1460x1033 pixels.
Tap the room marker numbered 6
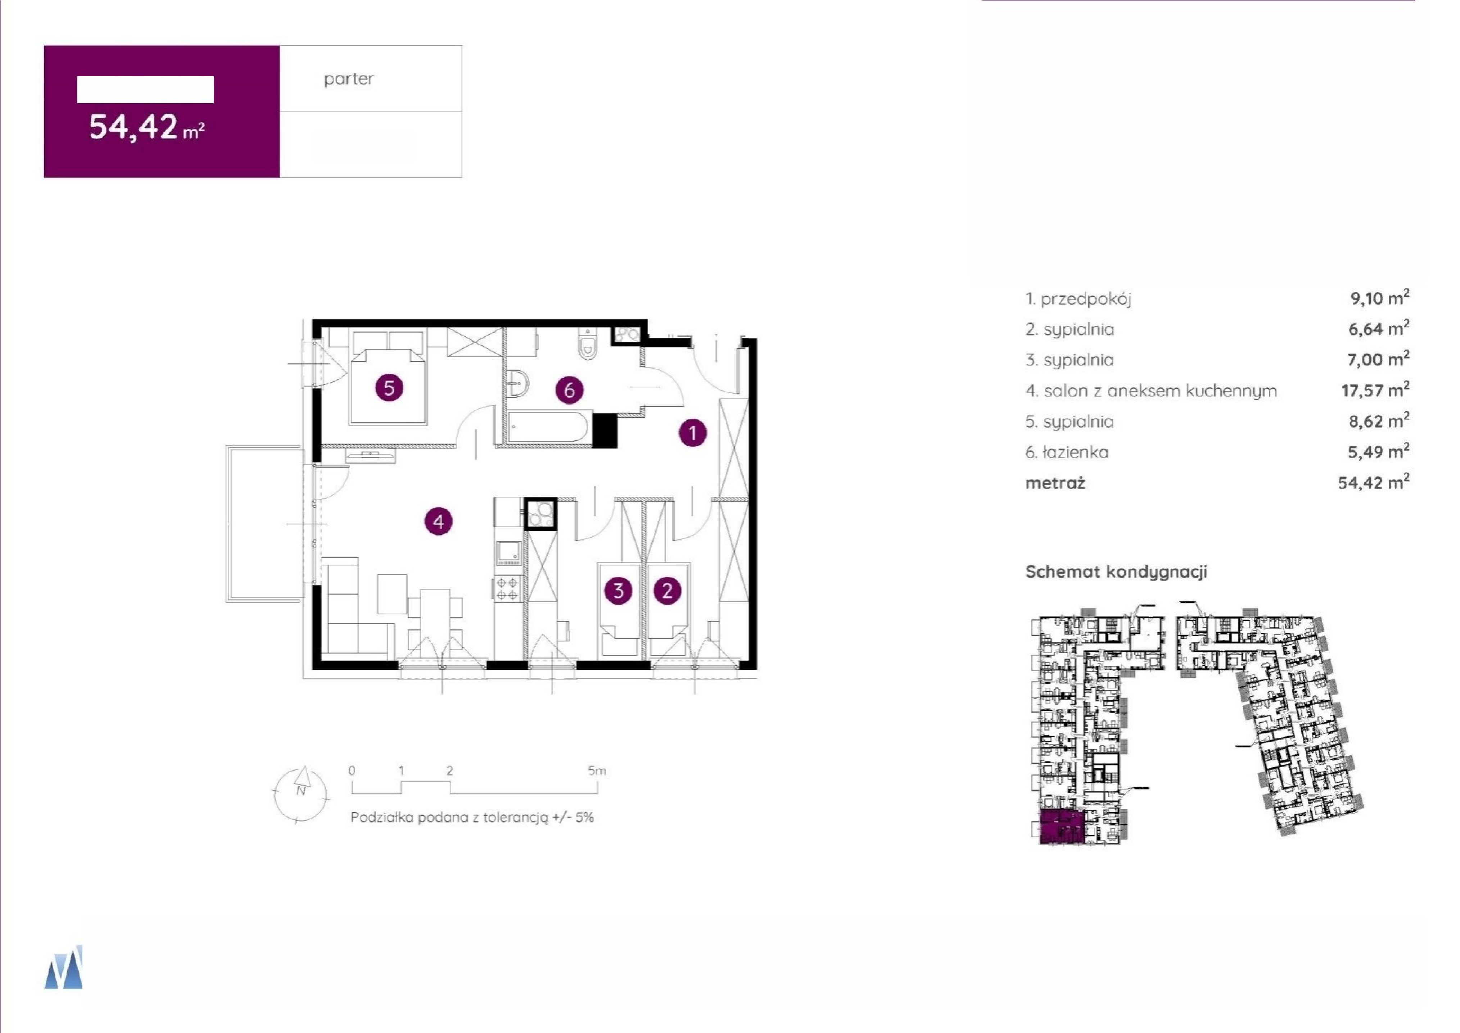tap(570, 389)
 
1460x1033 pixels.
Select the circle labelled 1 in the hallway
tap(693, 433)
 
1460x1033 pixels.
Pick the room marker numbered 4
tap(438, 522)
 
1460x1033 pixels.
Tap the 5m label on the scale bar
tap(597, 770)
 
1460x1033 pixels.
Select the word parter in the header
tap(349, 79)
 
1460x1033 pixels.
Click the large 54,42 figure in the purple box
tap(133, 126)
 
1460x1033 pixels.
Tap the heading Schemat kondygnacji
tap(1116, 572)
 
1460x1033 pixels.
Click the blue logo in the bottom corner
tap(64, 967)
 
